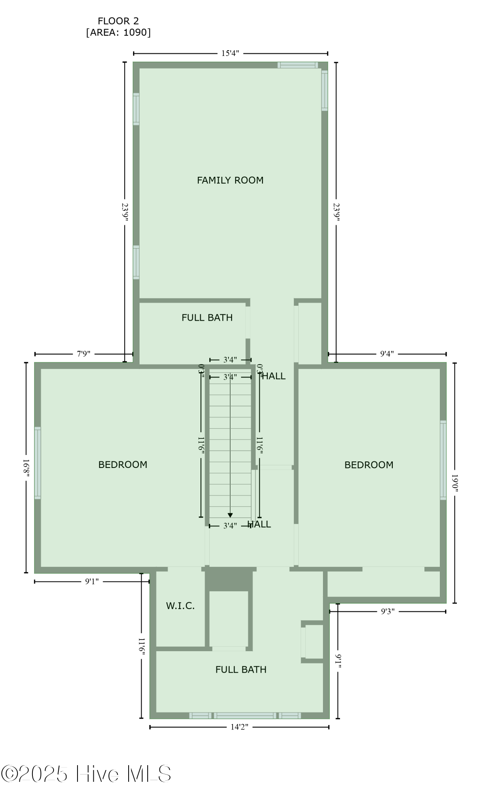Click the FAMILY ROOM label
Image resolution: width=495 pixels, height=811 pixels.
pyautogui.click(x=230, y=180)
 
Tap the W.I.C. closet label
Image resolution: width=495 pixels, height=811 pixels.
pyautogui.click(x=180, y=606)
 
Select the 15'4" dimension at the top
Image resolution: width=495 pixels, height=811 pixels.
pyautogui.click(x=230, y=53)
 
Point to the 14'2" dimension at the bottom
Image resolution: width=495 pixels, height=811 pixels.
pyautogui.click(x=239, y=727)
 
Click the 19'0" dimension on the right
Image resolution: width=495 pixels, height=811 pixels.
pyautogui.click(x=454, y=483)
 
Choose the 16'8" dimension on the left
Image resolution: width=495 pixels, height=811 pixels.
pyautogui.click(x=26, y=468)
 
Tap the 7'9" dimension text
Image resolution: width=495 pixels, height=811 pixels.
pyautogui.click(x=84, y=354)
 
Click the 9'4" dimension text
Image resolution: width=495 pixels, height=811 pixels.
pyautogui.click(x=387, y=354)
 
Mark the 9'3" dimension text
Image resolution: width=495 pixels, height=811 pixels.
pyautogui.click(x=387, y=611)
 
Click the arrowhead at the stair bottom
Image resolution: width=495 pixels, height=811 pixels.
pyautogui.click(x=230, y=515)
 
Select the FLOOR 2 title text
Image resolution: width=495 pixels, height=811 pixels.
pyautogui.click(x=118, y=21)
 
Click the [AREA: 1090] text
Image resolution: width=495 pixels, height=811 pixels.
pyautogui.click(x=118, y=32)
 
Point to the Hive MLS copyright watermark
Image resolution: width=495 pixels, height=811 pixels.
pyautogui.click(x=86, y=774)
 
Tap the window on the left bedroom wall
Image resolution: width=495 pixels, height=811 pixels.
pyautogui.click(x=37, y=462)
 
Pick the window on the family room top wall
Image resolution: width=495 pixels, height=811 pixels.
pyautogui.click(x=297, y=65)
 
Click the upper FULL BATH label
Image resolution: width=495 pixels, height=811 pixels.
pyautogui.click(x=207, y=318)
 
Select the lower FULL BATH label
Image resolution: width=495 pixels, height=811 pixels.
pyautogui.click(x=241, y=670)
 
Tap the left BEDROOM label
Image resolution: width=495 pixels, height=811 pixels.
pyautogui.click(x=123, y=465)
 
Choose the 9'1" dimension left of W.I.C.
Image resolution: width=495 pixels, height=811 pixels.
pyautogui.click(x=92, y=581)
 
